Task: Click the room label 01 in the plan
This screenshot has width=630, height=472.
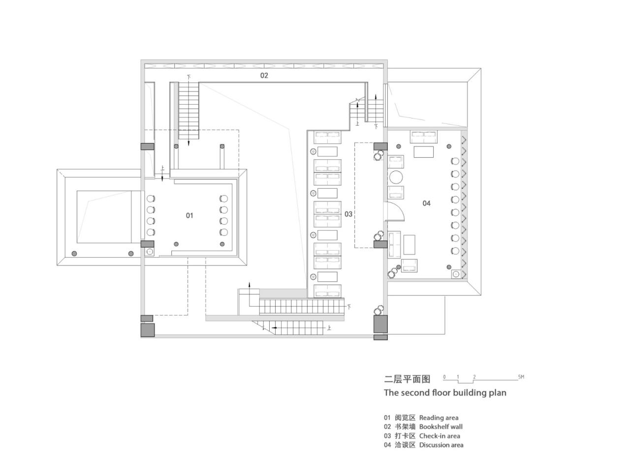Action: click(x=189, y=215)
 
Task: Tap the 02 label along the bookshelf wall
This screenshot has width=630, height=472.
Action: click(x=264, y=75)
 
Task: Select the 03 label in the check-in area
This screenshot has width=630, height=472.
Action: click(x=348, y=214)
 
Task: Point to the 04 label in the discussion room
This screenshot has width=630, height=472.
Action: click(x=426, y=203)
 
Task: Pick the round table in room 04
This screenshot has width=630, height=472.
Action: click(x=396, y=177)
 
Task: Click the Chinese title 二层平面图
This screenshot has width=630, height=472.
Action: click(x=407, y=379)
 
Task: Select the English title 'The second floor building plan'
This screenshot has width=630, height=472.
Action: click(x=445, y=392)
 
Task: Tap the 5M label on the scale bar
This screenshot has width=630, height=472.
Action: click(x=521, y=377)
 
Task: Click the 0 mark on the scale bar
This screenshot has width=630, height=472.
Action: click(x=444, y=377)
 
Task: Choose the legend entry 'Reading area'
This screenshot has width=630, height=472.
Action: click(x=439, y=418)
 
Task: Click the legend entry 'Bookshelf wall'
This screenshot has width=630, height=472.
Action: click(x=441, y=427)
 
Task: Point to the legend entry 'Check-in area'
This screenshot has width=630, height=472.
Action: click(x=440, y=436)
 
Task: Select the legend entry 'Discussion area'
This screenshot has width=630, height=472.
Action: click(x=441, y=445)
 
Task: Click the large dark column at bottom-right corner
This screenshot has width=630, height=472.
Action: click(x=380, y=324)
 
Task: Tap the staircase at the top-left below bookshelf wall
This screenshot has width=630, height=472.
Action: click(x=189, y=111)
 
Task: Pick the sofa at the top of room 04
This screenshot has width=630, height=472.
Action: click(x=423, y=136)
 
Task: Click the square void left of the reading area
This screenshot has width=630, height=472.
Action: click(x=104, y=217)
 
